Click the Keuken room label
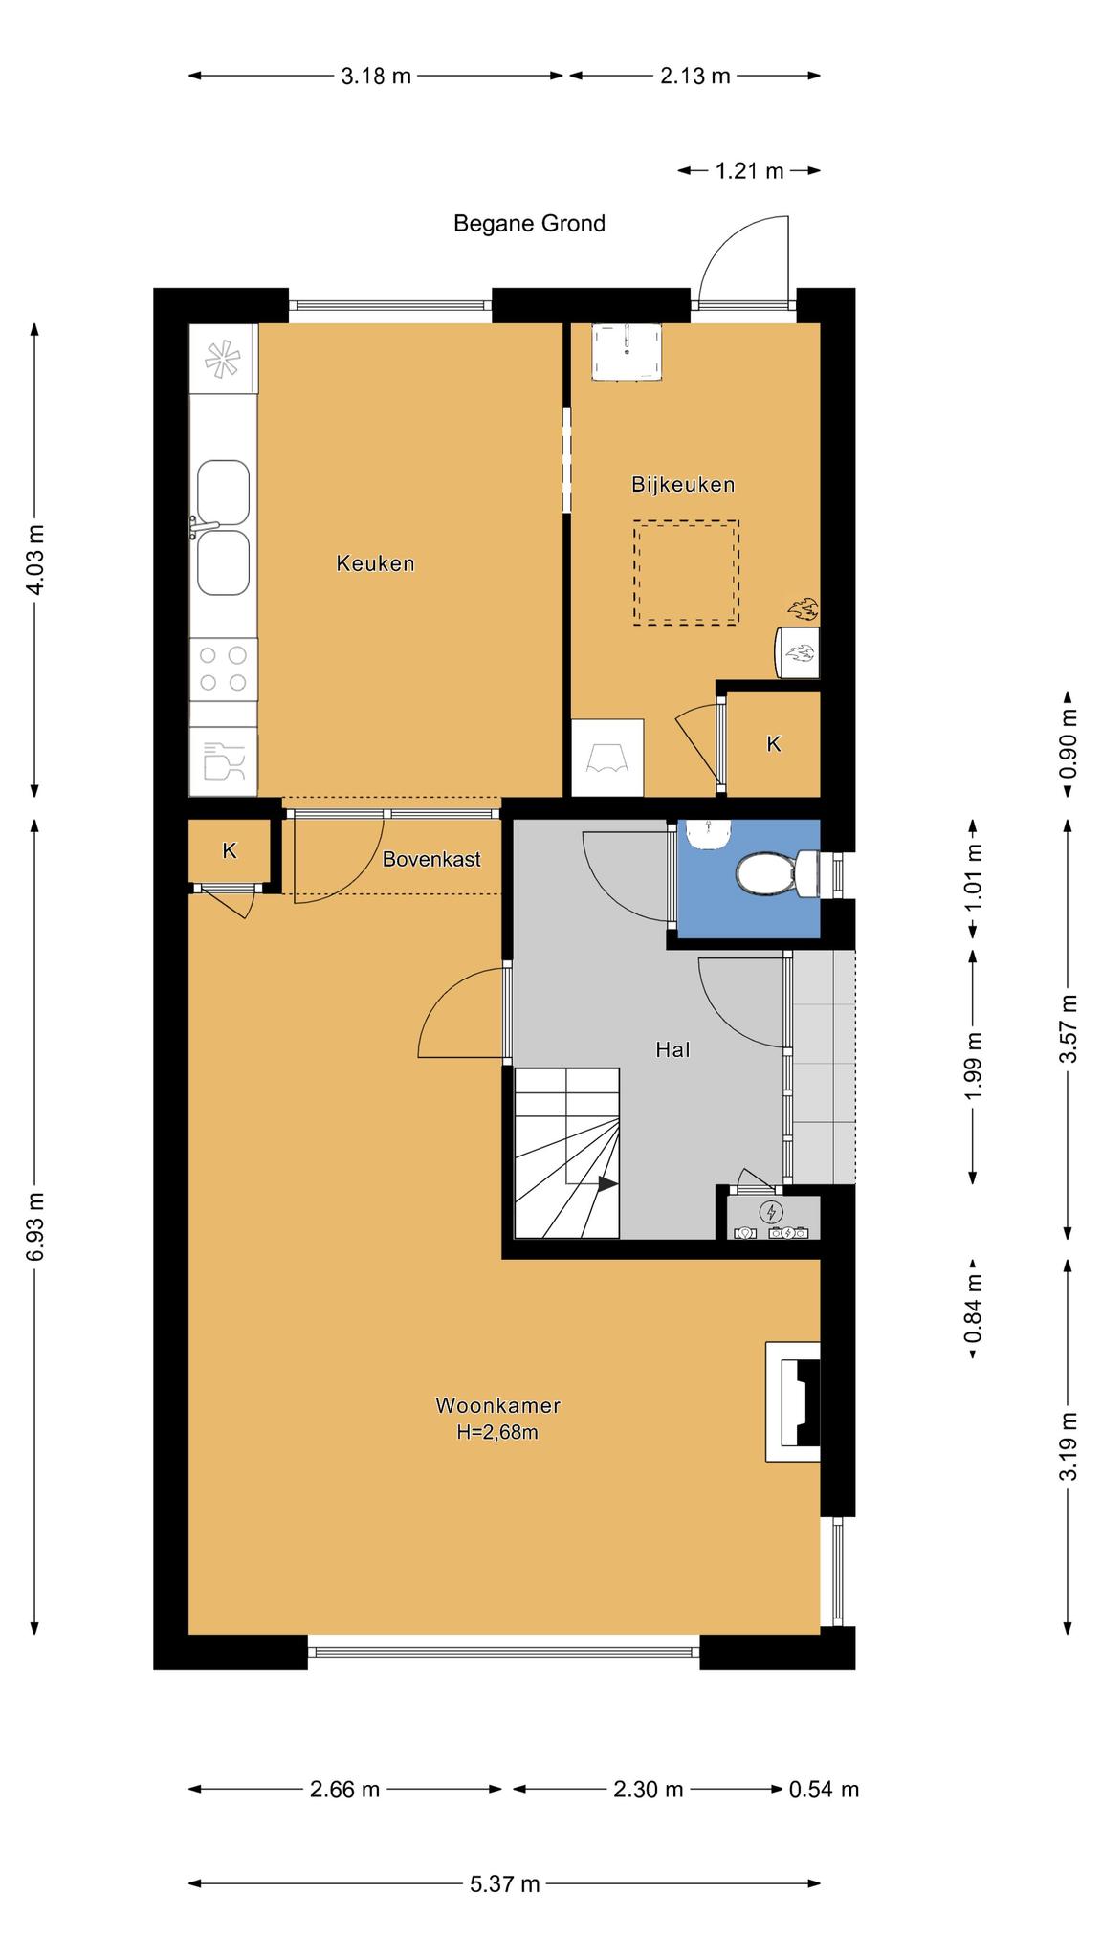(375, 563)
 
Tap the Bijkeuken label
(683, 484)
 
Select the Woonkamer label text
(497, 1405)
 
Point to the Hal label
(672, 1049)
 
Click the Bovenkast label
(431, 859)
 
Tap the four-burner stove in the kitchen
(223, 669)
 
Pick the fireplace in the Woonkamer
(793, 1401)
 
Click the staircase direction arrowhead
(607, 1183)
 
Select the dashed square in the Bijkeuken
(685, 573)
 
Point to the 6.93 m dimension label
(35, 1226)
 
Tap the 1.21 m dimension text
(749, 171)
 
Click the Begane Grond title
(529, 224)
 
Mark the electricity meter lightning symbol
(770, 1213)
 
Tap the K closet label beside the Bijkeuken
(774, 743)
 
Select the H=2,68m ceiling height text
(497, 1432)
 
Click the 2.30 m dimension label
(648, 1789)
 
